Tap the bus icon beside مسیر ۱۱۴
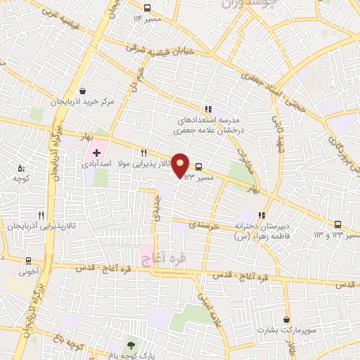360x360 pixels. [x=147, y=8]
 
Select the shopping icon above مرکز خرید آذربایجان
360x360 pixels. [x=84, y=91]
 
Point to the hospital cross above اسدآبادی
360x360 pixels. [x=96, y=153]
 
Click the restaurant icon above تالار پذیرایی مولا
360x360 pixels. [x=143, y=153]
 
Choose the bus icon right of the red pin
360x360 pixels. [x=200, y=167]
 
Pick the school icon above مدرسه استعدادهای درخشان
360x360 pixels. [x=207, y=109]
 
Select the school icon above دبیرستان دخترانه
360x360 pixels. [x=262, y=216]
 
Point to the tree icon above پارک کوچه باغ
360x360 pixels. [x=130, y=345]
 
